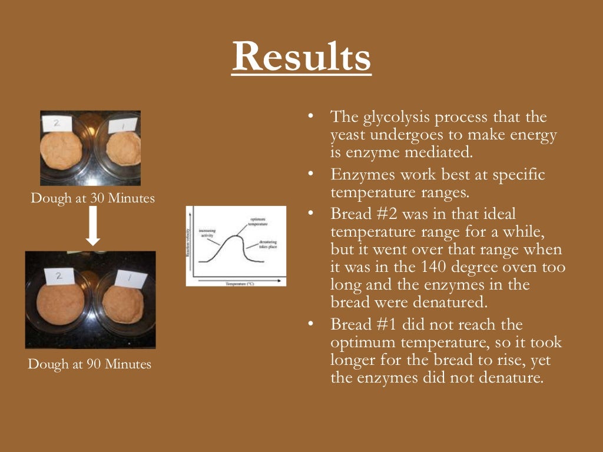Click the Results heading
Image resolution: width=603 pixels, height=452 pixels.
[x=301, y=56]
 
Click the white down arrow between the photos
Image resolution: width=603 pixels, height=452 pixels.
[x=93, y=226]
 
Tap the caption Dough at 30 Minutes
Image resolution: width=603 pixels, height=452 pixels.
[x=92, y=198]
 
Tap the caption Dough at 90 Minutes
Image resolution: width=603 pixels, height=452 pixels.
[x=90, y=364]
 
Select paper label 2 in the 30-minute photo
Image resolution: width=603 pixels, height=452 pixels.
[x=57, y=124]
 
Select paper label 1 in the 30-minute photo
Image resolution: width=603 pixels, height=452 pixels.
[x=122, y=125]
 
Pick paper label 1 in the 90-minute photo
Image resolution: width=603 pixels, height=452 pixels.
[x=131, y=278]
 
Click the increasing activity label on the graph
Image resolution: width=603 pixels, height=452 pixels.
[x=207, y=232]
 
